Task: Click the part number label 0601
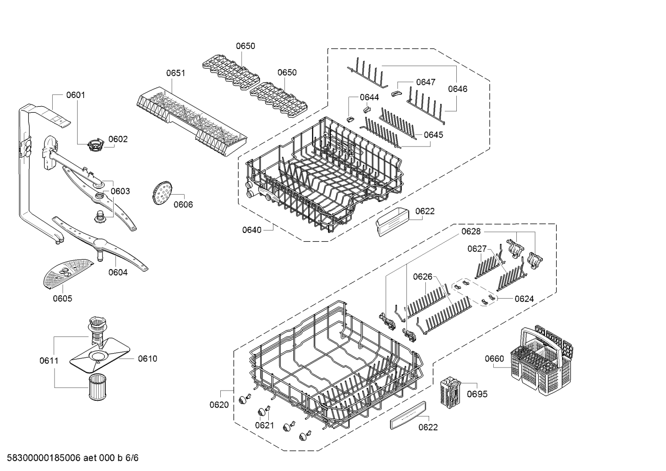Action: [75, 95]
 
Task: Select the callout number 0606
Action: [183, 204]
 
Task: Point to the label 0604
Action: [118, 272]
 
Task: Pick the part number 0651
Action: [176, 73]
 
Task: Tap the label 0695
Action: [477, 394]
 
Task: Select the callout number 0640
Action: [252, 230]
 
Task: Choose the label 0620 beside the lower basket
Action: [219, 405]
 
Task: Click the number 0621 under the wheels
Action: [265, 425]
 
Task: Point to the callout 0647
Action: [425, 82]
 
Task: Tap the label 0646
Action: [458, 89]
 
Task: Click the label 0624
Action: [524, 299]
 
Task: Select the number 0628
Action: [471, 231]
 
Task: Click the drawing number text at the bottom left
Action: [70, 458]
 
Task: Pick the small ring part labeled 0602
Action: [95, 143]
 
